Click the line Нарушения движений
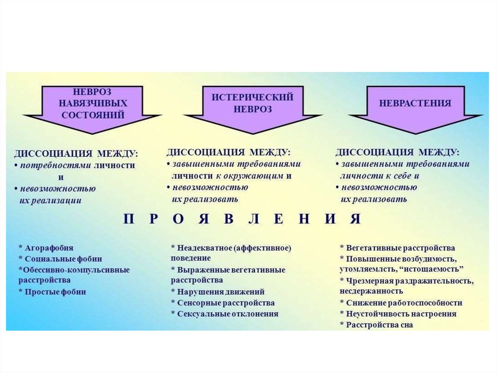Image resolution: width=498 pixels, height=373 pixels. [218, 292]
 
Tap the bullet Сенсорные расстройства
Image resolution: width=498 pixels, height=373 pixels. [223, 302]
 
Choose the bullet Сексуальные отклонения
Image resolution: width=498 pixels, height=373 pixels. [225, 314]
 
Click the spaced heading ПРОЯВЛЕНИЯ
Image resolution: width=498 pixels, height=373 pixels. [242, 219]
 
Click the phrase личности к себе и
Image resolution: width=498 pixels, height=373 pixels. [379, 176]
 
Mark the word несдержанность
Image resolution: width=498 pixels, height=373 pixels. [371, 291]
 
